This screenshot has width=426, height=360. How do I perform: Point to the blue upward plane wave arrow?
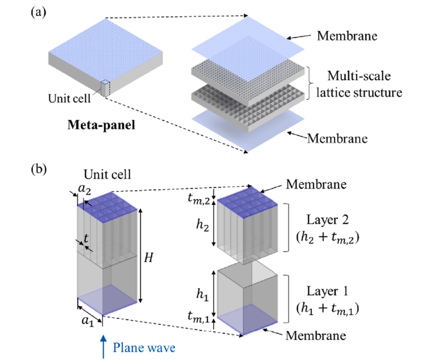(102, 345)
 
